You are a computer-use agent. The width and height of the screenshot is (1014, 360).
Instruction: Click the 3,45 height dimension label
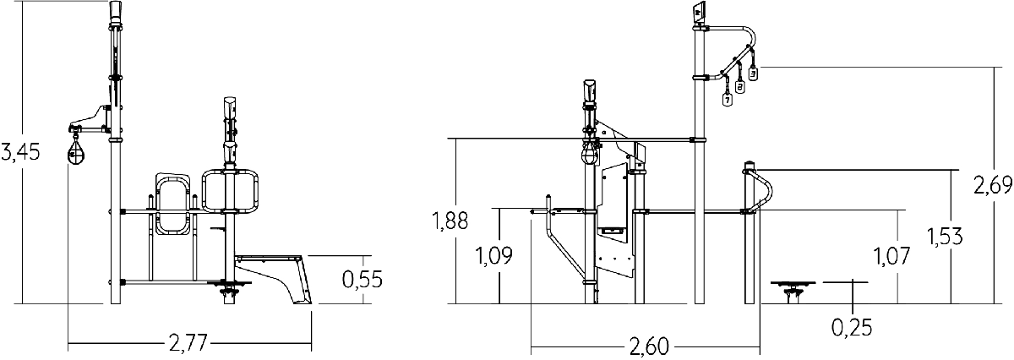[20, 152]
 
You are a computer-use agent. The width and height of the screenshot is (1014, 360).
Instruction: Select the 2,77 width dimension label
[188, 343]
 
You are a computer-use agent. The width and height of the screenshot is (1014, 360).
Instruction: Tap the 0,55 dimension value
[363, 279]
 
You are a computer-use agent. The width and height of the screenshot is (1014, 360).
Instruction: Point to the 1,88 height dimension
[450, 221]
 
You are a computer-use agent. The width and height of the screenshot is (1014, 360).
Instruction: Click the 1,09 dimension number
[493, 256]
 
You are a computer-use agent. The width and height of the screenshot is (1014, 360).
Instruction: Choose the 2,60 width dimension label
[649, 346]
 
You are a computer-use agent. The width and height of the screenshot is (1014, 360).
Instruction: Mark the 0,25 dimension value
[852, 327]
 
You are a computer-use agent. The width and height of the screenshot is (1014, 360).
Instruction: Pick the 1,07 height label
[891, 256]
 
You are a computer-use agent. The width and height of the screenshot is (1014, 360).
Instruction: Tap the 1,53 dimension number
[945, 237]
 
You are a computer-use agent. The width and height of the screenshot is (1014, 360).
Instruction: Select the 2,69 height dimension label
[993, 185]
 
